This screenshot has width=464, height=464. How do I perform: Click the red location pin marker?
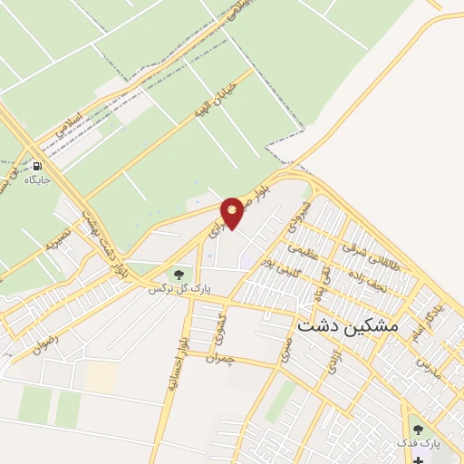(233, 213)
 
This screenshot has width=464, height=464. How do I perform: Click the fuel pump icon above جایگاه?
(37, 166)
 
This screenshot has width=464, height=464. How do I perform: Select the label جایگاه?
(37, 180)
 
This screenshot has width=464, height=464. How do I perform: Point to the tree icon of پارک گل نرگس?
(179, 273)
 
